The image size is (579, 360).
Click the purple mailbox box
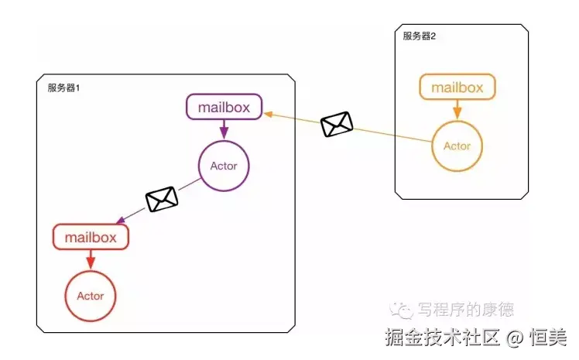224,107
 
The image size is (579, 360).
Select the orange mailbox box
457,87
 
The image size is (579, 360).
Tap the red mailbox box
91,237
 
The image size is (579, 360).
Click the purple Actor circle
224,166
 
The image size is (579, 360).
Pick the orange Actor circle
457,146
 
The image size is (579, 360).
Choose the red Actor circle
91,296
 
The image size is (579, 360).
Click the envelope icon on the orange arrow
337,124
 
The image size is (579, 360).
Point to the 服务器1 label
64,88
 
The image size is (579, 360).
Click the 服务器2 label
420,36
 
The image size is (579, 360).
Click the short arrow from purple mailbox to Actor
224,129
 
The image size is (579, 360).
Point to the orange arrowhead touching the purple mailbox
268,114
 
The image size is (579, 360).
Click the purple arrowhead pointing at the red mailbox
118,221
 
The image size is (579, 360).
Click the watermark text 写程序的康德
465,310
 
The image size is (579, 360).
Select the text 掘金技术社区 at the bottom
444,338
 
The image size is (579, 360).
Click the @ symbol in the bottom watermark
515,338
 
